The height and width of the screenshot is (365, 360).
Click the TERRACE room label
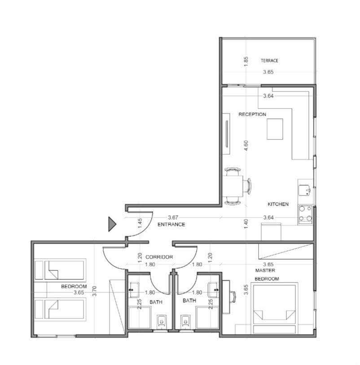coord(269,61)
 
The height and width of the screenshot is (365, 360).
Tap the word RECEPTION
coord(252,114)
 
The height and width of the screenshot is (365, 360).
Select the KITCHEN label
coord(278,204)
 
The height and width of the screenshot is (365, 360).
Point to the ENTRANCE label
coord(171,224)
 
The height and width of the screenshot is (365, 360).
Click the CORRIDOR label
coord(159,257)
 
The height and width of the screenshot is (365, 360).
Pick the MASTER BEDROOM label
coord(266,274)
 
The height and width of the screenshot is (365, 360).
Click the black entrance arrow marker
coord(112,224)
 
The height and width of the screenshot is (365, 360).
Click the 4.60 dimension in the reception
coord(246,145)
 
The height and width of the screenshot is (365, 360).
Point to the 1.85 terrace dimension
coord(246,61)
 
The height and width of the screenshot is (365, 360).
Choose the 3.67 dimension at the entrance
coord(173,217)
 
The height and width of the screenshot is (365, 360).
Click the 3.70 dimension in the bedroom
coord(94,291)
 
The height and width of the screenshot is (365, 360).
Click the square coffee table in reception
coord(275,129)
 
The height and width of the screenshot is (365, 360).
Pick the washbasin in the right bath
coord(213,290)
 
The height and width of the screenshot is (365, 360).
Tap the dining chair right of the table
coord(248,186)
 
